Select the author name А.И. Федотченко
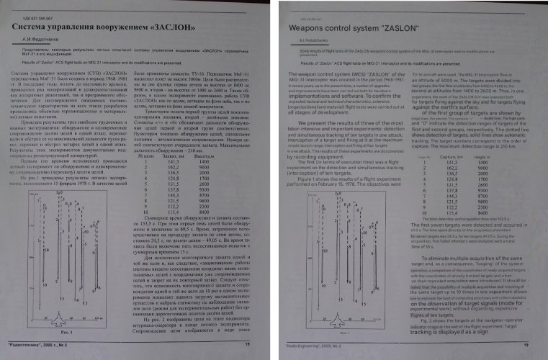(x=42, y=43)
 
